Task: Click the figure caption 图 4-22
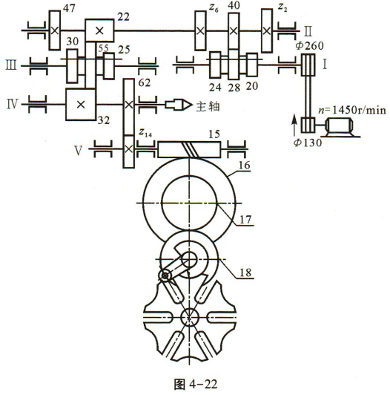coord(195,384)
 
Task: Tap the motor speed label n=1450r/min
coord(352,111)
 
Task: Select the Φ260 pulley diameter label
coord(309,46)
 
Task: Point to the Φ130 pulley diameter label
coord(308,143)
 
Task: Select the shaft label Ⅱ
coord(308,31)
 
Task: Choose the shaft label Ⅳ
coord(12,104)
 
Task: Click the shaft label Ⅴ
coord(79,151)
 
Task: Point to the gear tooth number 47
coord(69,9)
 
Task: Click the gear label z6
coord(214,8)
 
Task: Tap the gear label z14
coord(145,132)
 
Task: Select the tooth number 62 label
coord(144,83)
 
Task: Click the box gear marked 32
coord(81,104)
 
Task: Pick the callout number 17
coord(245,220)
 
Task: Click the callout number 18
coord(245,272)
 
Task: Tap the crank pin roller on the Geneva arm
coord(165,276)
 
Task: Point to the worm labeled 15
coord(189,149)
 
